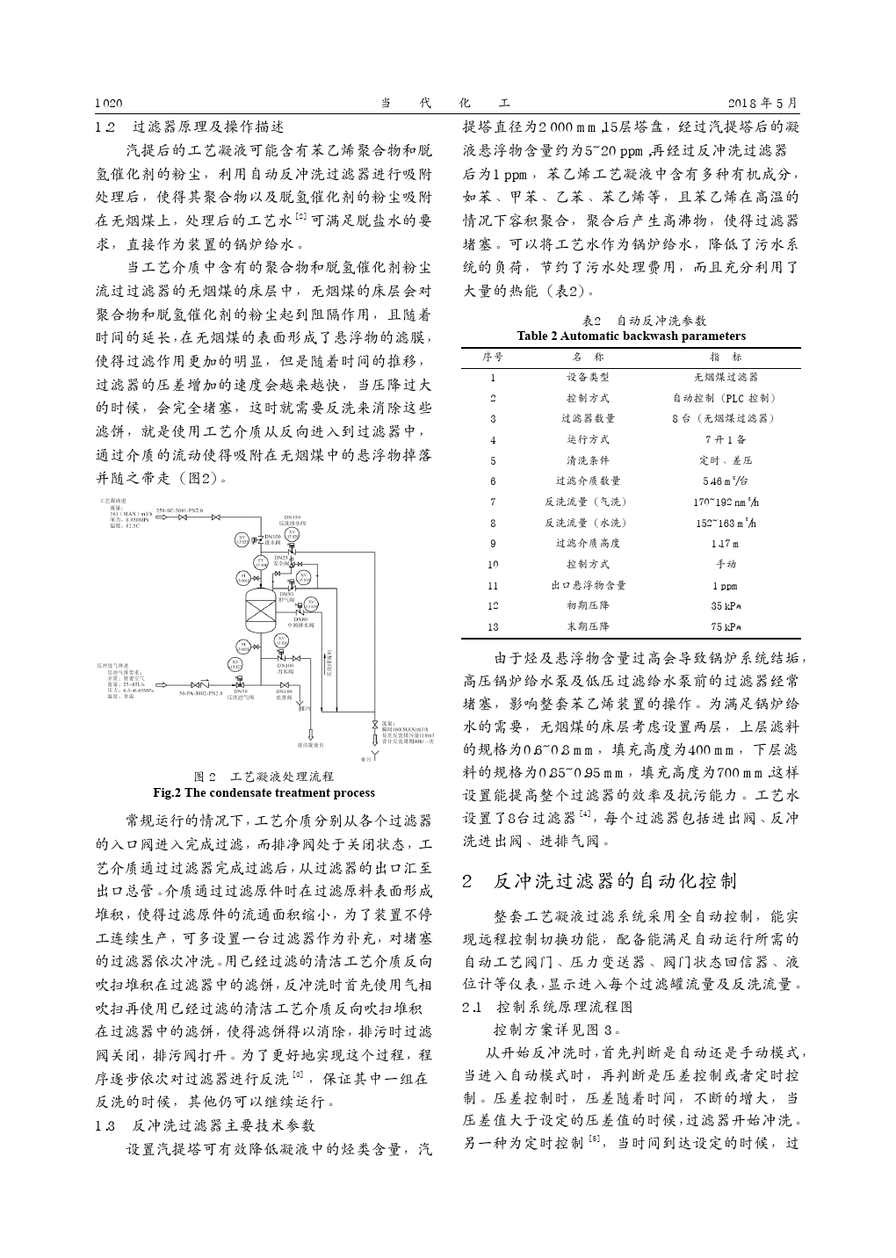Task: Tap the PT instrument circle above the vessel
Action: pos(260,562)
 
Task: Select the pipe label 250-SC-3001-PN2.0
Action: pos(178,510)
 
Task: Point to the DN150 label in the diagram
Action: pos(293,517)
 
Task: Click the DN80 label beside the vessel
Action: pos(300,620)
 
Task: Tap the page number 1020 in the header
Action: pos(108,103)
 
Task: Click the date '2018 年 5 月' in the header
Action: pos(764,103)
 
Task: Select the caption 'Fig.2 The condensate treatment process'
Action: pos(264,792)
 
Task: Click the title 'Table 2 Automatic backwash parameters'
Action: pos(631,336)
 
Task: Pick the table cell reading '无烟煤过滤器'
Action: pos(725,378)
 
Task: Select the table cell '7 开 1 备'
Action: pos(725,440)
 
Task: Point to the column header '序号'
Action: pos(493,358)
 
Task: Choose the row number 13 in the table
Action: pos(493,627)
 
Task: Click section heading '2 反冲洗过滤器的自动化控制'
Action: pos(600,881)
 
